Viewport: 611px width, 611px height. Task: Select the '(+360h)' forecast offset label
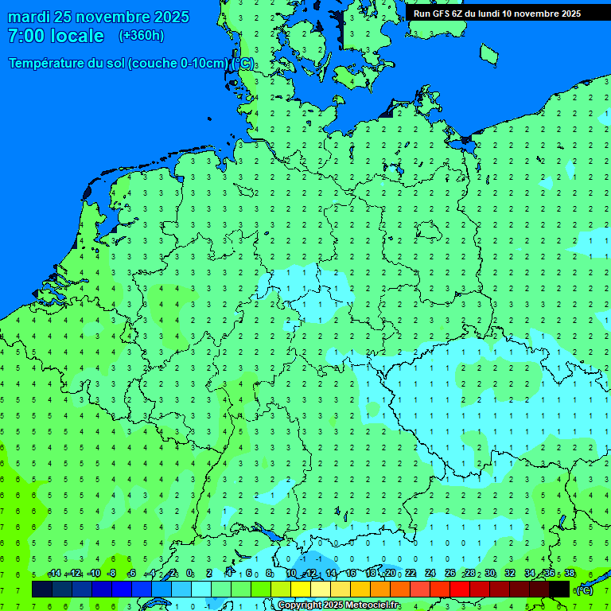141,36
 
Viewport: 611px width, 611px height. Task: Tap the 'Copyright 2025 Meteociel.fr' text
339,605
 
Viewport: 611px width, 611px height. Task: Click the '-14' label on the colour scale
54,574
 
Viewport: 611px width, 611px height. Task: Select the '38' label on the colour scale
570,574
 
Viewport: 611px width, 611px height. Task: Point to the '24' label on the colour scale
430,574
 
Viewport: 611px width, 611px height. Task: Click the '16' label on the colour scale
351,574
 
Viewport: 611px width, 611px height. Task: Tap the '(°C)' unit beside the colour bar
584,590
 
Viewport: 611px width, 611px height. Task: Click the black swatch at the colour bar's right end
559,590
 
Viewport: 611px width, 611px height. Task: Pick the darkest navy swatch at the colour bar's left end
42,590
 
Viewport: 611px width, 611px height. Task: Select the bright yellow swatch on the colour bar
301,590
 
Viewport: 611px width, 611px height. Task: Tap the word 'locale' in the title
77,36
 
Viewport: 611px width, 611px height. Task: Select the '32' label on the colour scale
510,574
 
